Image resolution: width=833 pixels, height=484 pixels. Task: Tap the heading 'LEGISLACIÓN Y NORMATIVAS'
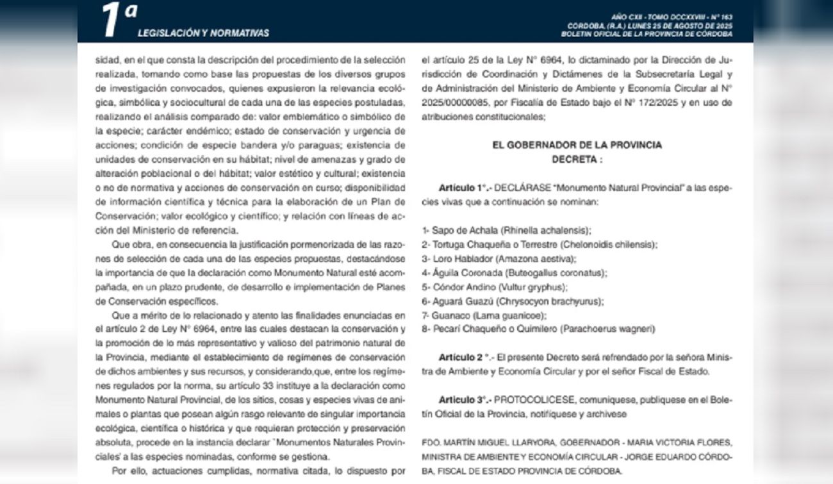(x=203, y=33)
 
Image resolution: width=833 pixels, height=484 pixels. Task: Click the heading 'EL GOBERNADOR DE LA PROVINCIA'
(x=577, y=146)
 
